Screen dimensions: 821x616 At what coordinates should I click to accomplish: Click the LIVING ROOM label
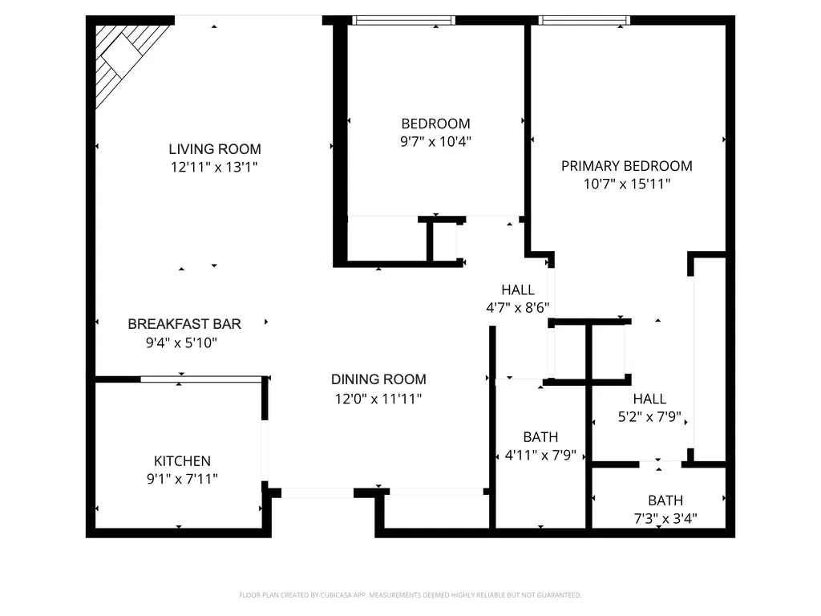(x=215, y=149)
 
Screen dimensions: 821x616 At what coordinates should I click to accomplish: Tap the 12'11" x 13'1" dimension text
(x=214, y=167)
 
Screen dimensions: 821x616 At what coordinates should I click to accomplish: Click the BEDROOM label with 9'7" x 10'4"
(x=435, y=124)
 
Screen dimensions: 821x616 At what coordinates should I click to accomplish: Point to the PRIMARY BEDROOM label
(x=627, y=166)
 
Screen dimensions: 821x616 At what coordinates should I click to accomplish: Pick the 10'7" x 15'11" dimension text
(x=627, y=184)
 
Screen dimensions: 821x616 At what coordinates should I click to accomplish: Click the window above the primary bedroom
(x=584, y=20)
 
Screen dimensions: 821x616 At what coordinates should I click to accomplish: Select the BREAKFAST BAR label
(x=184, y=324)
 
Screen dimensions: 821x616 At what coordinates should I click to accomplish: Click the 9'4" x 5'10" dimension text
(x=181, y=343)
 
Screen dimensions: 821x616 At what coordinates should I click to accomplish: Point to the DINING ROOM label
(x=378, y=379)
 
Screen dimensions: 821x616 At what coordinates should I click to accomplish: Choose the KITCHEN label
(x=182, y=461)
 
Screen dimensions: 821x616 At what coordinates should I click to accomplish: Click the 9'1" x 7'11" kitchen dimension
(x=182, y=479)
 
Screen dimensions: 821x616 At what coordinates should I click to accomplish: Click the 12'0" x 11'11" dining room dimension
(x=378, y=399)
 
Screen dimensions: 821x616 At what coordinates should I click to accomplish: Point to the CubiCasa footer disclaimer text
(x=410, y=595)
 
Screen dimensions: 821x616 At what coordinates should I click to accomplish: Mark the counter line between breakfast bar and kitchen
(x=201, y=379)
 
